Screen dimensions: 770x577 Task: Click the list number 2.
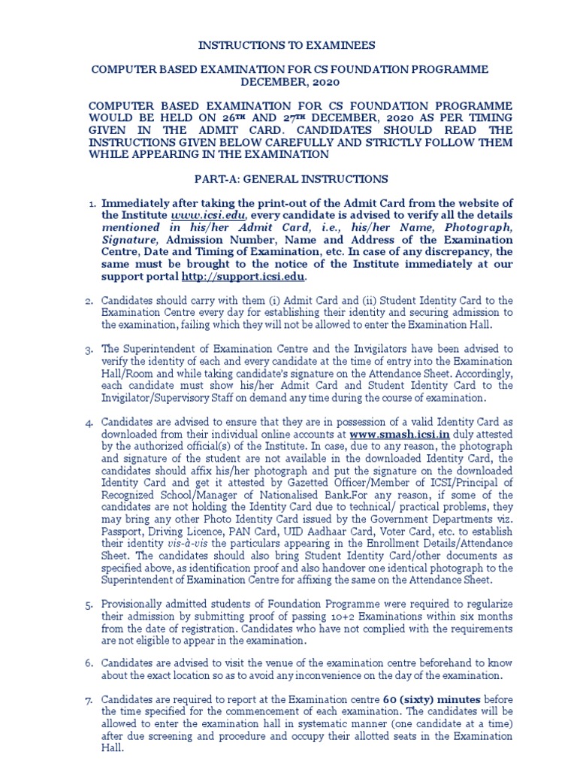click(x=88, y=302)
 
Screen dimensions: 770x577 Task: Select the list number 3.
click(x=88, y=350)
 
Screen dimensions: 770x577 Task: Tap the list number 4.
click(x=88, y=422)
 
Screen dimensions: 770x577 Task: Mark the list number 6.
click(x=88, y=663)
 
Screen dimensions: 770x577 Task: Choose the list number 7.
click(x=88, y=699)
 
